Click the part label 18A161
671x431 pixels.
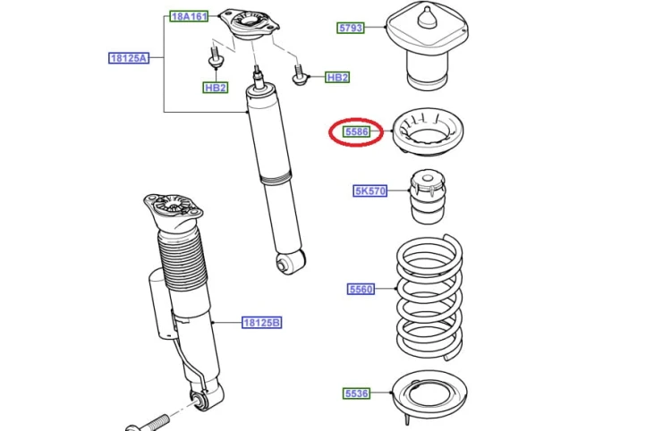click(189, 16)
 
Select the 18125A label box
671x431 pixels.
click(129, 58)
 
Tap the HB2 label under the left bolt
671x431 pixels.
click(216, 88)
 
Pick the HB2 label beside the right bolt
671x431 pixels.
click(337, 78)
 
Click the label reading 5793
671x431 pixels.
click(351, 29)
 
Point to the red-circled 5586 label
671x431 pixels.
click(356, 131)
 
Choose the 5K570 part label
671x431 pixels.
click(370, 190)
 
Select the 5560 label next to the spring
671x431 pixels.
click(361, 290)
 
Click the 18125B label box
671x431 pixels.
click(261, 323)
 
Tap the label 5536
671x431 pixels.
click(356, 393)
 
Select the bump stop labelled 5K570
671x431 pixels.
click(428, 197)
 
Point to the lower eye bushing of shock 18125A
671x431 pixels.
click(291, 262)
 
